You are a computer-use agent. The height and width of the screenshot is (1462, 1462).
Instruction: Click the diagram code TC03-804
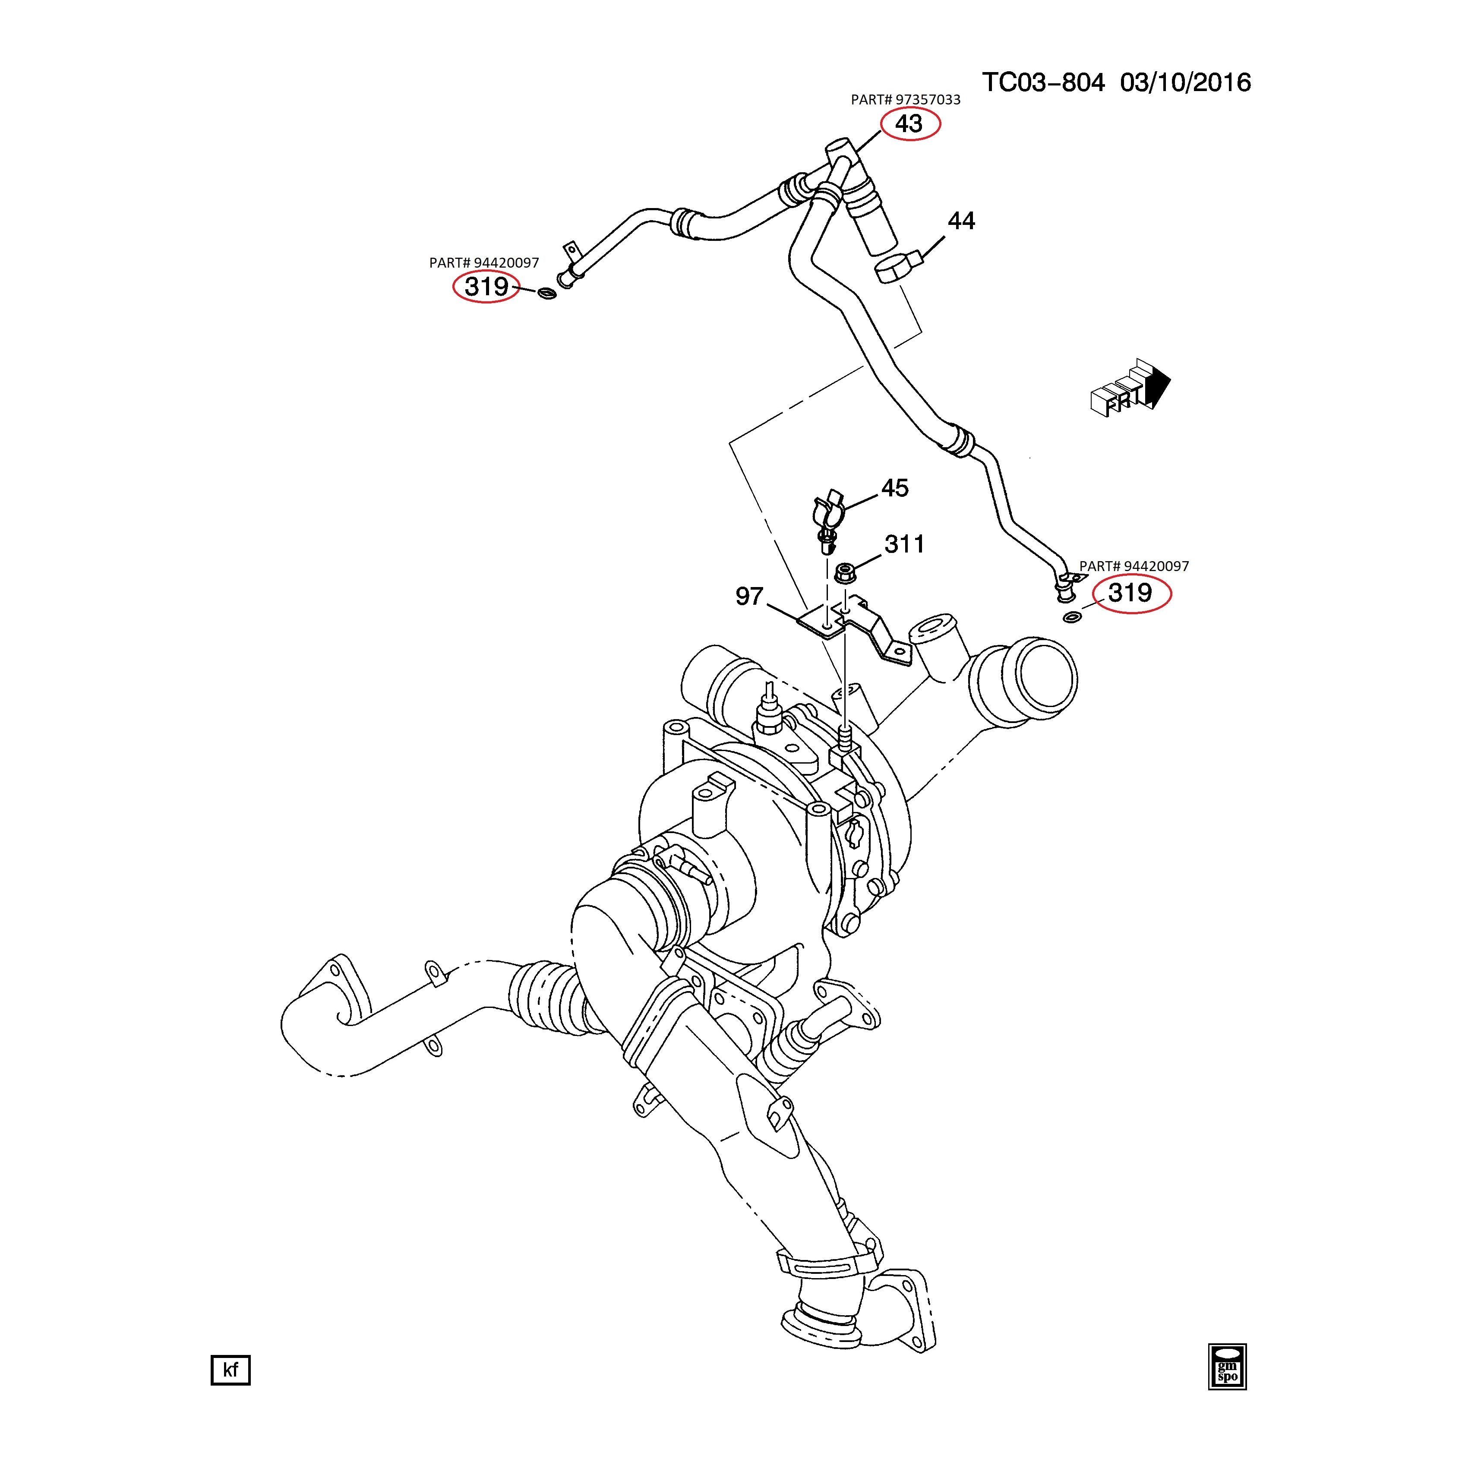point(1043,82)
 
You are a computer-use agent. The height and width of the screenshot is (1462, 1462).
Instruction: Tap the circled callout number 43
point(909,123)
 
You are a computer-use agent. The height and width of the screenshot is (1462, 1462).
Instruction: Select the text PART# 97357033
point(905,100)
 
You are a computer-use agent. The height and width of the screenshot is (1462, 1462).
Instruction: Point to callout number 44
point(961,221)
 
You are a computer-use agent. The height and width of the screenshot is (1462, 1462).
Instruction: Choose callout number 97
point(749,596)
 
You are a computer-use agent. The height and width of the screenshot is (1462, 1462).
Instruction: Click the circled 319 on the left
point(486,287)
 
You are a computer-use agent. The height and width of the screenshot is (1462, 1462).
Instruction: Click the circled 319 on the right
point(1130,593)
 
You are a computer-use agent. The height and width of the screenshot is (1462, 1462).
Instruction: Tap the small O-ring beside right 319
point(1071,618)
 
